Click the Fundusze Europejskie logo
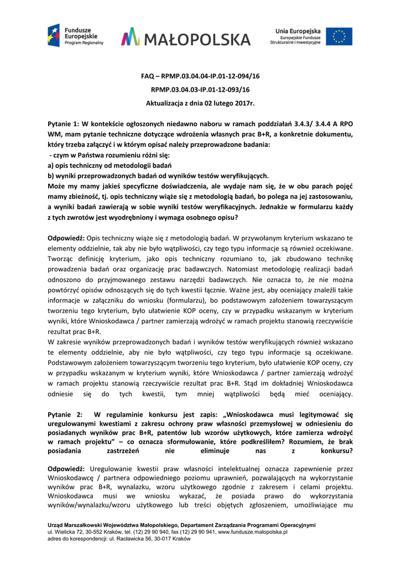(x=75, y=36)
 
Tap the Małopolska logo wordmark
(x=186, y=38)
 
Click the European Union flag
(x=338, y=36)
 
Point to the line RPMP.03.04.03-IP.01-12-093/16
(x=200, y=90)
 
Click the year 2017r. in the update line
(x=242, y=103)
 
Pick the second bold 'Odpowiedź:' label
(x=66, y=468)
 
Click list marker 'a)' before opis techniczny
(x=52, y=165)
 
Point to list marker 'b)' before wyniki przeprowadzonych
(x=52, y=175)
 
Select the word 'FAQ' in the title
(x=148, y=76)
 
